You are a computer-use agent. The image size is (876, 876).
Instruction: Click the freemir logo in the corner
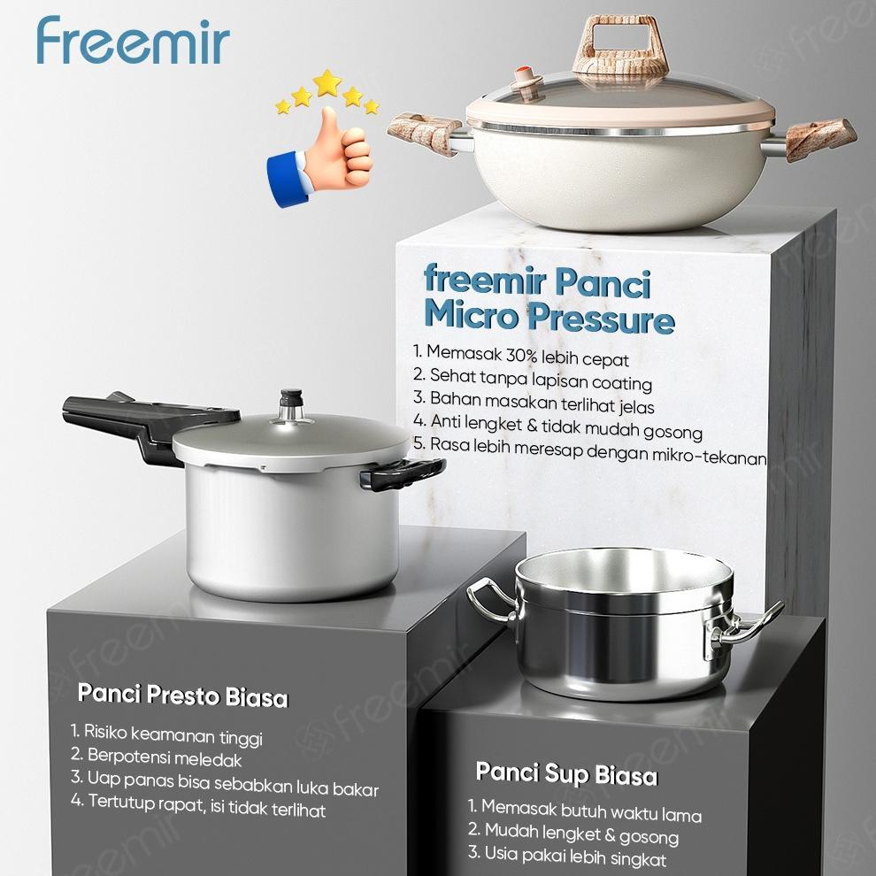[133, 42]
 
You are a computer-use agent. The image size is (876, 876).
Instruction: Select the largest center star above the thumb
[327, 83]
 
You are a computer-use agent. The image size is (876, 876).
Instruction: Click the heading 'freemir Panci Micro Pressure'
[549, 299]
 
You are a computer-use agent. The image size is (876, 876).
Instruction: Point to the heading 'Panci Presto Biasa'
[182, 695]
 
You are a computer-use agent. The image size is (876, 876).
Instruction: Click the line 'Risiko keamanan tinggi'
[166, 734]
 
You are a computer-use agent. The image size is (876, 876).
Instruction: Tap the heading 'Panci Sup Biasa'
[566, 774]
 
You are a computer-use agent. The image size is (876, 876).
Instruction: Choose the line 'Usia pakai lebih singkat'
[567, 857]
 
